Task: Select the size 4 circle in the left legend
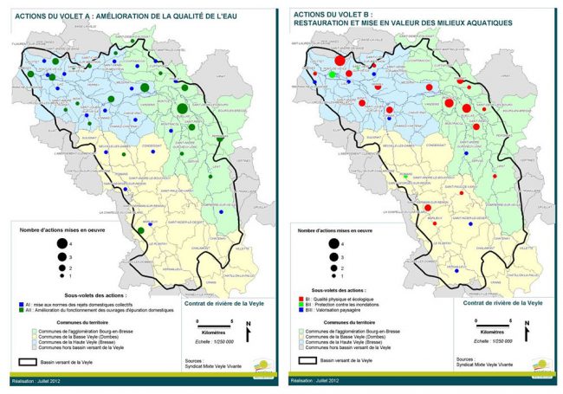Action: pos(62,245)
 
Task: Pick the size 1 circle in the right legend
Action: pos(332,276)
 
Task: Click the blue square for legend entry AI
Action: pos(20,305)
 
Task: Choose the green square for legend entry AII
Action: pos(20,311)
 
